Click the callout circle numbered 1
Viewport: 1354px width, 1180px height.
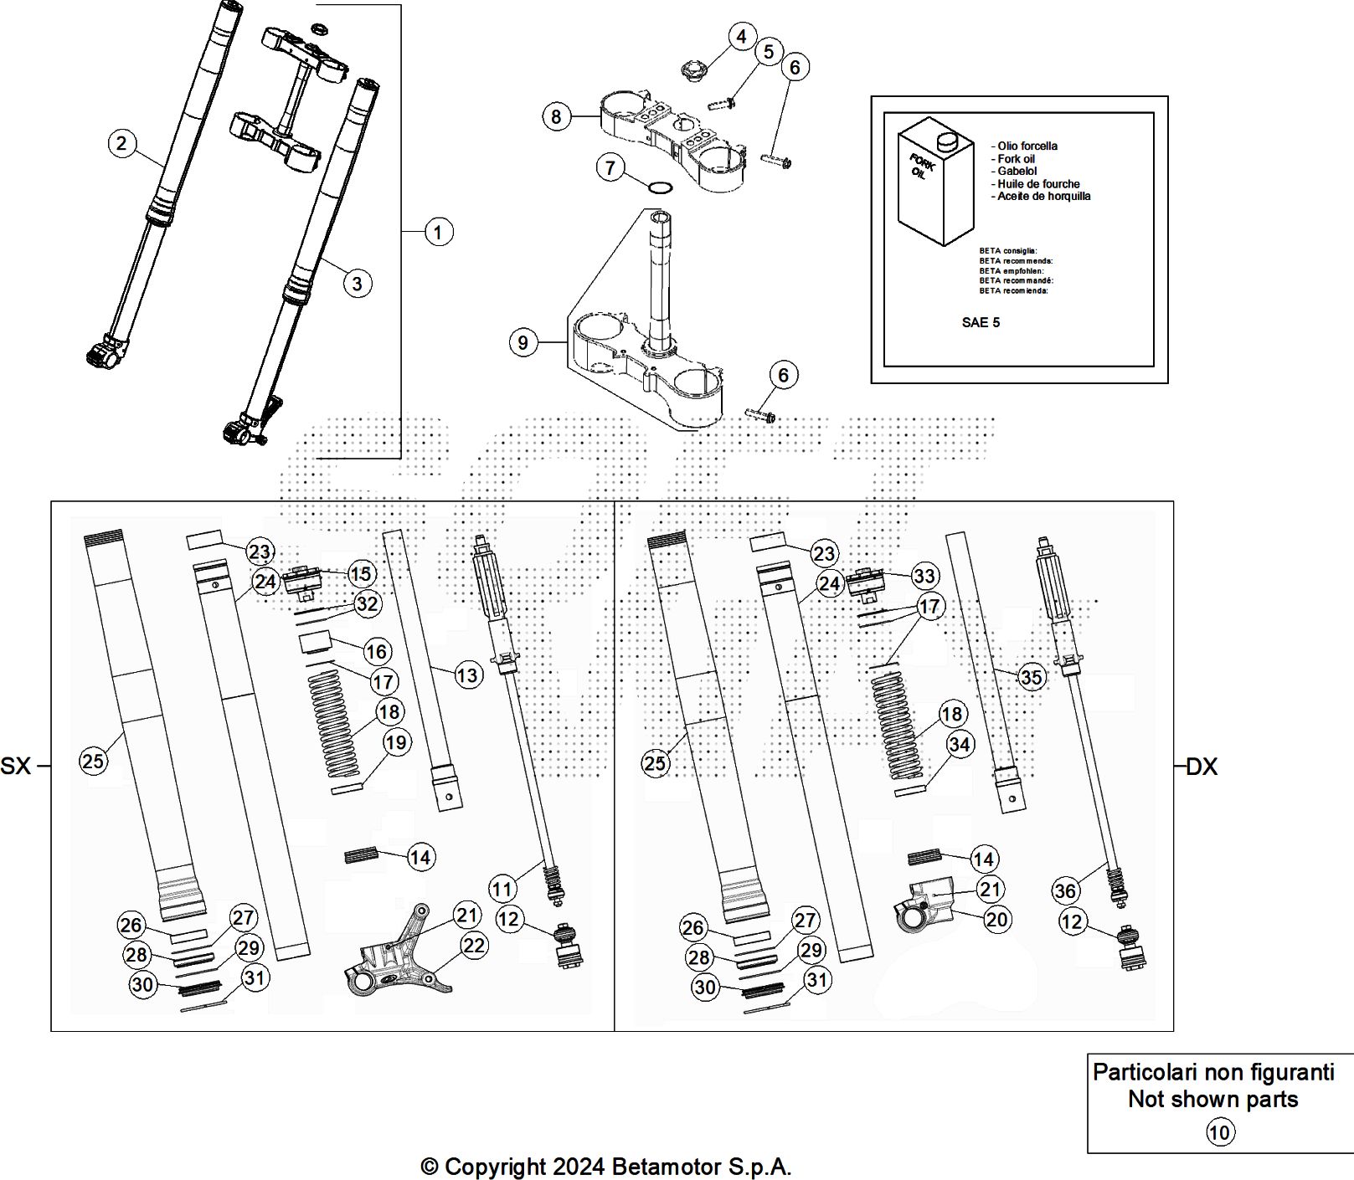pyautogui.click(x=438, y=231)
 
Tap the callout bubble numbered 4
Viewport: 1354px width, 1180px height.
pyautogui.click(x=741, y=37)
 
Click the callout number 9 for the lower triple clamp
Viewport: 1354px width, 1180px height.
pyautogui.click(x=523, y=342)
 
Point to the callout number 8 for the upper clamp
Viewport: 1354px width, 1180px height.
pyautogui.click(x=557, y=115)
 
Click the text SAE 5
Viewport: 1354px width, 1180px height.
pyautogui.click(x=981, y=322)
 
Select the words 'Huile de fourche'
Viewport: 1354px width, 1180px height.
pyautogui.click(x=1038, y=183)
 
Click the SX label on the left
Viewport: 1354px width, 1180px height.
pyautogui.click(x=15, y=765)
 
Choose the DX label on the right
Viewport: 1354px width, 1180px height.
pyautogui.click(x=1202, y=766)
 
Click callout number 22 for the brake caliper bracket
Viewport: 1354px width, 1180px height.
pyautogui.click(x=474, y=945)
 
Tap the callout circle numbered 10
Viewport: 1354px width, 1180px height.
pyautogui.click(x=1220, y=1132)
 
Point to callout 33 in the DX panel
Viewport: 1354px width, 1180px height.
pyautogui.click(x=924, y=576)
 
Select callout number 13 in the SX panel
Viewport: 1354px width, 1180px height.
pyautogui.click(x=468, y=675)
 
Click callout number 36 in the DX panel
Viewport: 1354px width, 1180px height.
pyautogui.click(x=1065, y=890)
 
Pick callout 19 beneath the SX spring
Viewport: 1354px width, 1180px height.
pyautogui.click(x=396, y=742)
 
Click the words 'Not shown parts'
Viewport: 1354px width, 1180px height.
pyautogui.click(x=1213, y=1100)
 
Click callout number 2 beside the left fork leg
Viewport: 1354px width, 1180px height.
pyautogui.click(x=122, y=143)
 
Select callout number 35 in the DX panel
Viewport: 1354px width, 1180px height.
pyautogui.click(x=1032, y=676)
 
